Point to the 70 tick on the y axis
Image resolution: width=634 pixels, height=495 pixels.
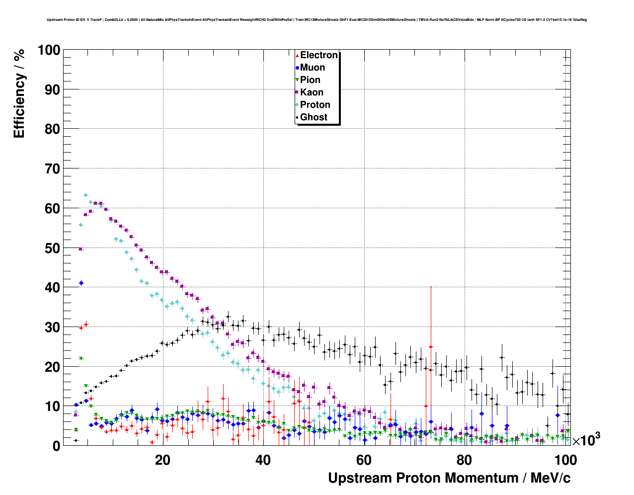[52, 169]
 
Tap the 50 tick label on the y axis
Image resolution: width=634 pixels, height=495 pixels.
[52, 248]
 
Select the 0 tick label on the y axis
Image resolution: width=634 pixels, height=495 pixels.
[56, 446]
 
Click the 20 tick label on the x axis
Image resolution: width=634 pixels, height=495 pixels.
[162, 460]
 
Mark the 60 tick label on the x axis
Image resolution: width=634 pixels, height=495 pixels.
[364, 460]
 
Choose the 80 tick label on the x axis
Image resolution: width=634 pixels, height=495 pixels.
[464, 460]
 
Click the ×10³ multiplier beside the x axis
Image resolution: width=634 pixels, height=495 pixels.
[586, 440]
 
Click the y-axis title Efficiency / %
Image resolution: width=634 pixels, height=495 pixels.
[19, 93]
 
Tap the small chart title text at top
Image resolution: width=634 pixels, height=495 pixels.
[317, 20]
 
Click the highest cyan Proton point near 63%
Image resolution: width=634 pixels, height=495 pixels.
[85, 195]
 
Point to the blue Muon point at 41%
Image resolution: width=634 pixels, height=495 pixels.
[81, 283]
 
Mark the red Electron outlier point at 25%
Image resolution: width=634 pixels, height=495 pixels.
[431, 346]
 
